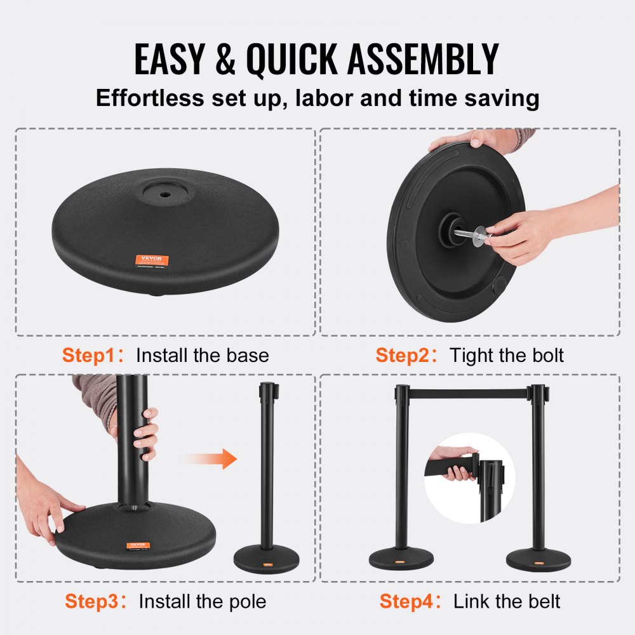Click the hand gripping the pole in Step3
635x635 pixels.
145,434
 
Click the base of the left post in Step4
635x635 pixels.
401,559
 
